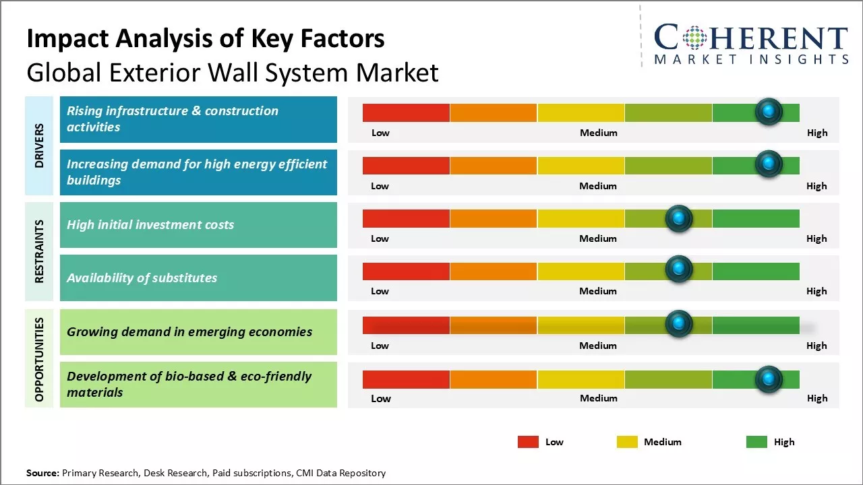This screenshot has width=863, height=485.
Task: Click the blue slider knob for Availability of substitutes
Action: [x=679, y=270]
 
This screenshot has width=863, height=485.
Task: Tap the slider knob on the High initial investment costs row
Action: [x=679, y=218]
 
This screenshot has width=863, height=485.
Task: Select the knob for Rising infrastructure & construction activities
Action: [x=769, y=112]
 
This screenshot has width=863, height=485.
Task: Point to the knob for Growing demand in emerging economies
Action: [x=679, y=324]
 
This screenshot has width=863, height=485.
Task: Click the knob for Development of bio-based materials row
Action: [x=769, y=379]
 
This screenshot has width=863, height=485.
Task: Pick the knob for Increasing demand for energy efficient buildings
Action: [x=769, y=164]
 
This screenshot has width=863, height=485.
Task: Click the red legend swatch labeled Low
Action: [x=528, y=442]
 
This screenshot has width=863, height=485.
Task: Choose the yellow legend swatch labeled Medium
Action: [x=627, y=442]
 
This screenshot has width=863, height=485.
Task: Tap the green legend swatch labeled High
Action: [x=756, y=442]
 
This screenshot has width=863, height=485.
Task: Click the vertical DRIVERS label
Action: [x=39, y=145]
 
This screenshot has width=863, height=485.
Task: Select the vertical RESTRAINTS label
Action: [x=39, y=251]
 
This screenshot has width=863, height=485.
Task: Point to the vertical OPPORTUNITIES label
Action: [x=39, y=359]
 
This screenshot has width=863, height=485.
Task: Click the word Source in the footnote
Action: [x=42, y=474]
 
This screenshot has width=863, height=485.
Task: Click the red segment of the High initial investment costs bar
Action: [x=406, y=218]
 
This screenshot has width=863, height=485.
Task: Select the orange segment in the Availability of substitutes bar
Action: [x=493, y=271]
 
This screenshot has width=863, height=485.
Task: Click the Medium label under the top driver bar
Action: [x=598, y=133]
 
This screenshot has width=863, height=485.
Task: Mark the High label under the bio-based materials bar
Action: [x=816, y=398]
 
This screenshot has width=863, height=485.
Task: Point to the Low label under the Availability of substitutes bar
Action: [x=380, y=291]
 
